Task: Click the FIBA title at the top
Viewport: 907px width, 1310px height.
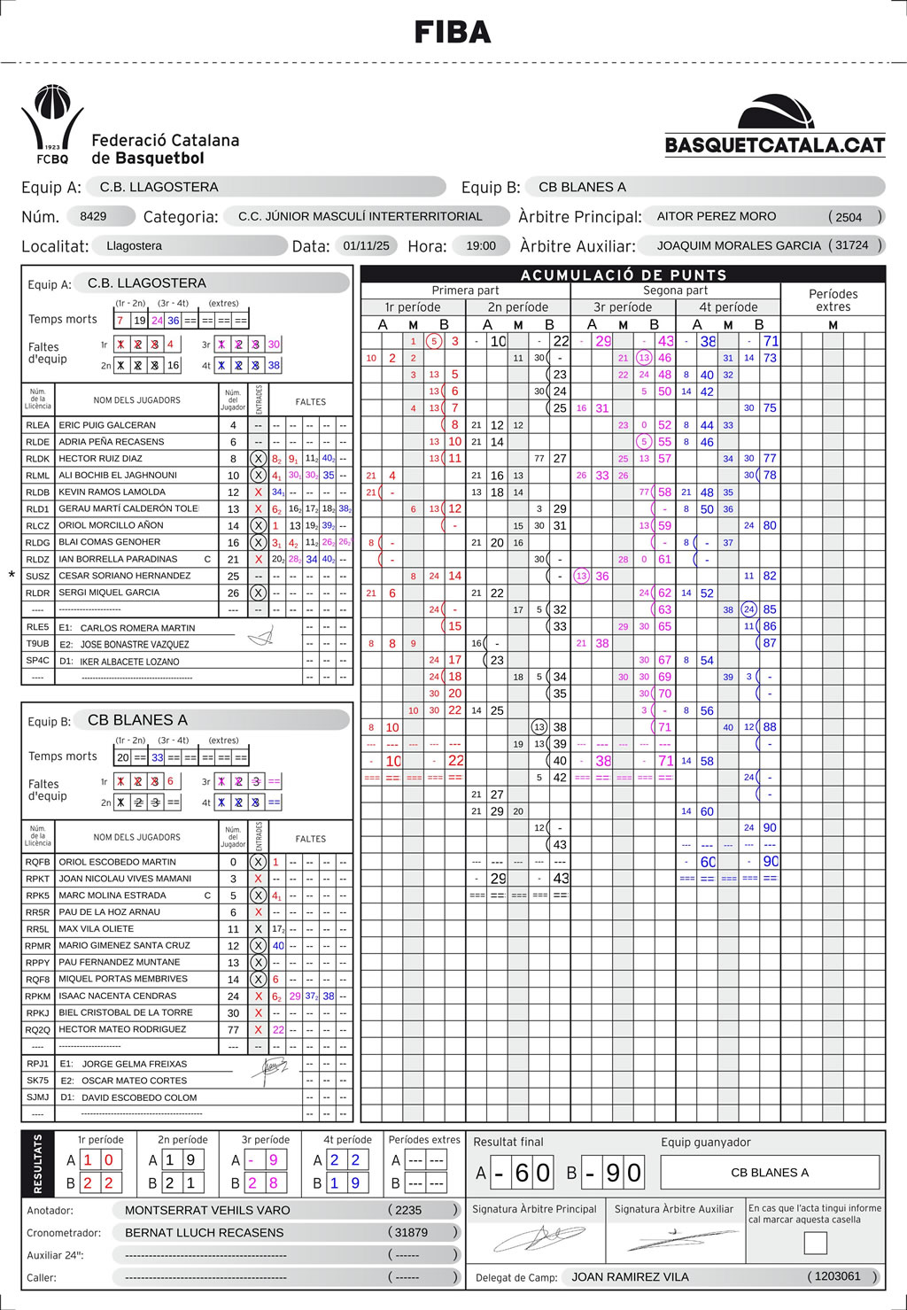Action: tap(453, 33)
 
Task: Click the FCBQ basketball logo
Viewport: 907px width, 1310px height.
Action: tap(52, 124)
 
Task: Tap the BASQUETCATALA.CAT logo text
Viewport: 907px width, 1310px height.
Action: tap(775, 145)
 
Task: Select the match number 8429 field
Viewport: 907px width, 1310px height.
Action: tap(93, 216)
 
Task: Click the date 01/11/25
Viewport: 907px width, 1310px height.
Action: tap(366, 245)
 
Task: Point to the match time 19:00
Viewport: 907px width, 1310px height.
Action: tap(481, 245)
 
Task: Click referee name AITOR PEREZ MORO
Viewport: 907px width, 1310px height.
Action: tap(717, 216)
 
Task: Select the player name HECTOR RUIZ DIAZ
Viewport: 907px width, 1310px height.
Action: tap(101, 459)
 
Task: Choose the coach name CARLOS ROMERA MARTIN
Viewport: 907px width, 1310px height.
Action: tap(138, 628)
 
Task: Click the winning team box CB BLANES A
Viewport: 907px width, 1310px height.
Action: tap(770, 1173)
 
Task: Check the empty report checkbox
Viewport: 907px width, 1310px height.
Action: tap(815, 1243)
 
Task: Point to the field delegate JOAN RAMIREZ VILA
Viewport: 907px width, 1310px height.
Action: tap(630, 1276)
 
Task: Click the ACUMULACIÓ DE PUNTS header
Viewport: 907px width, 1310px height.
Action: tap(623, 275)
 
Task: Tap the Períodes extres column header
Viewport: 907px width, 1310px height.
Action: tap(833, 299)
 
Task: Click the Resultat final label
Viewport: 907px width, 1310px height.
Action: tap(508, 1142)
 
